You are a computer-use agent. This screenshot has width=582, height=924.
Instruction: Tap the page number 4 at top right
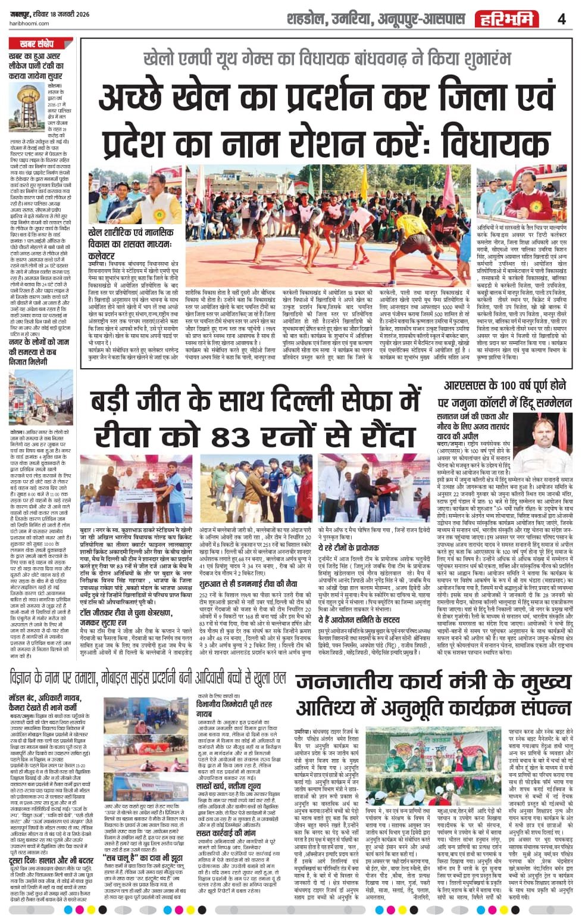[561, 19]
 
